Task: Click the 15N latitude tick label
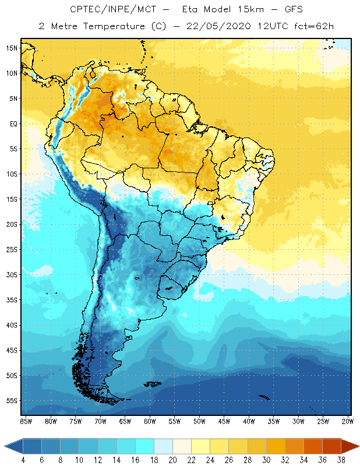tap(11, 48)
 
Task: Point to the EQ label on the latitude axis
tap(11, 123)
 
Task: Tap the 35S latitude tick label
tap(11, 300)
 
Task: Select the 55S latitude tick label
tap(11, 401)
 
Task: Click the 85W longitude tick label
tap(26, 421)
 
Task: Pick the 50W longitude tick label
tap(200, 421)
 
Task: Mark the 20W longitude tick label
tap(348, 421)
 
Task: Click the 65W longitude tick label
tap(125, 421)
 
